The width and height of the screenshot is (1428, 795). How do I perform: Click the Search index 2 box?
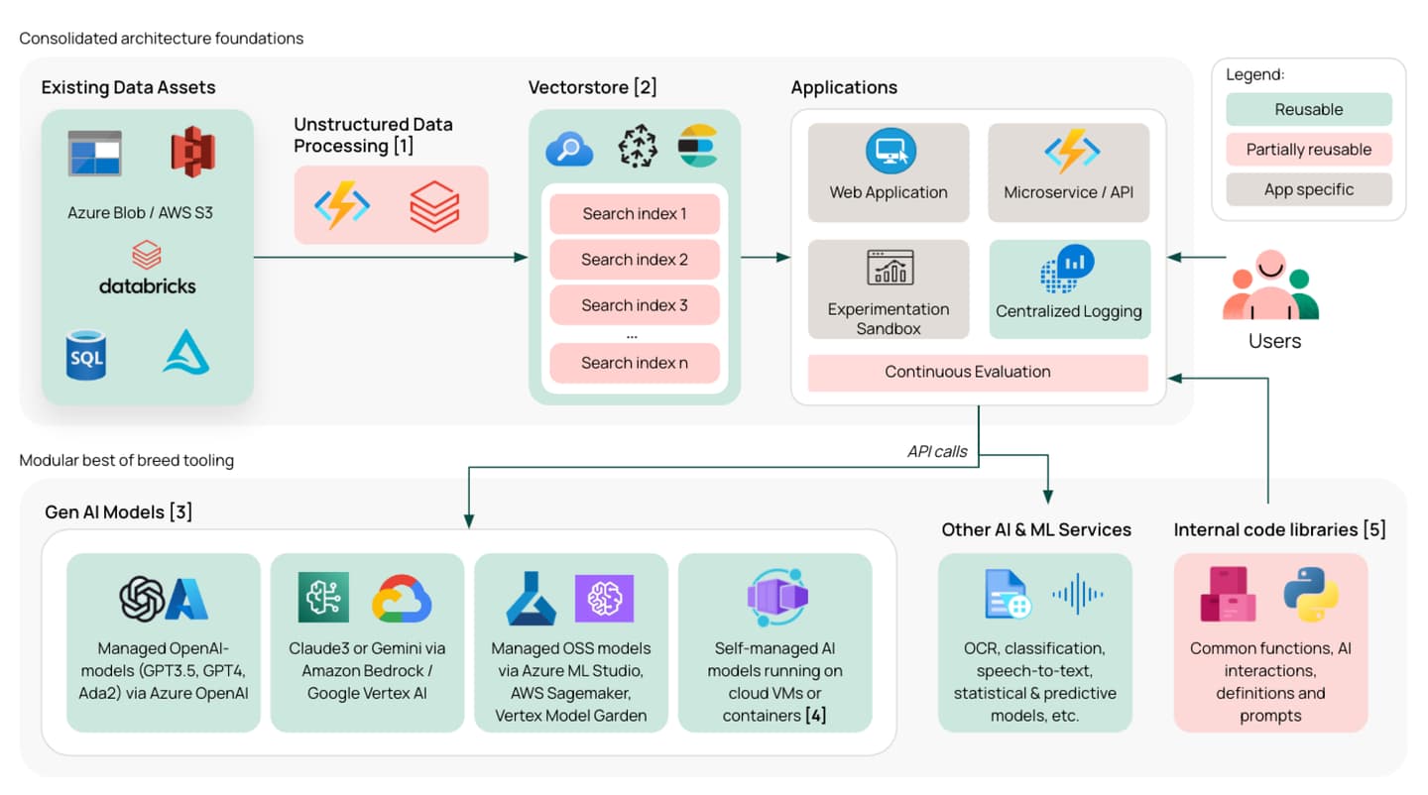[x=635, y=260]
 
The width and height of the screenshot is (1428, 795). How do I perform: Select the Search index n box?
[x=635, y=363]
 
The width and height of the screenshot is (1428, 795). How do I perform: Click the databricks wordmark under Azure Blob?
[x=147, y=285]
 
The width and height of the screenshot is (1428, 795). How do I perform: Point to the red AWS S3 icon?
[x=192, y=152]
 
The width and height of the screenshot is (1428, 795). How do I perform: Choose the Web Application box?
[x=889, y=172]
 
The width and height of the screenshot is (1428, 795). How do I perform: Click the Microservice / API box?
[x=1068, y=172]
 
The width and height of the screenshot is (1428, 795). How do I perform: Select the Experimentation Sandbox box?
[x=889, y=289]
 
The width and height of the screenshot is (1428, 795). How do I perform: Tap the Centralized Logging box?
[x=1069, y=289]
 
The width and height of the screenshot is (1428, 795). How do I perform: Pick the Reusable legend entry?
[x=1309, y=110]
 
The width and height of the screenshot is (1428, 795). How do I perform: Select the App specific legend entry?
[x=1309, y=189]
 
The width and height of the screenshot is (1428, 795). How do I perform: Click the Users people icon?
[x=1271, y=287]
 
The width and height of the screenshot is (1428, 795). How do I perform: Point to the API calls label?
[x=937, y=451]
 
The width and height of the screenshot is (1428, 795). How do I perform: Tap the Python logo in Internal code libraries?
[x=1310, y=594]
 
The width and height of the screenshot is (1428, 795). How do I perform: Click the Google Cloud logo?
[x=402, y=598]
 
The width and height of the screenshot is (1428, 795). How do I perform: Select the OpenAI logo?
[x=142, y=599]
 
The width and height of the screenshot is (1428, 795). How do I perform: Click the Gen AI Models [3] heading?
[x=119, y=512]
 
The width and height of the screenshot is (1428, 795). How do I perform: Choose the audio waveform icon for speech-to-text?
[x=1078, y=594]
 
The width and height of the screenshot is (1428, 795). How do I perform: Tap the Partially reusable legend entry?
[x=1309, y=150]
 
